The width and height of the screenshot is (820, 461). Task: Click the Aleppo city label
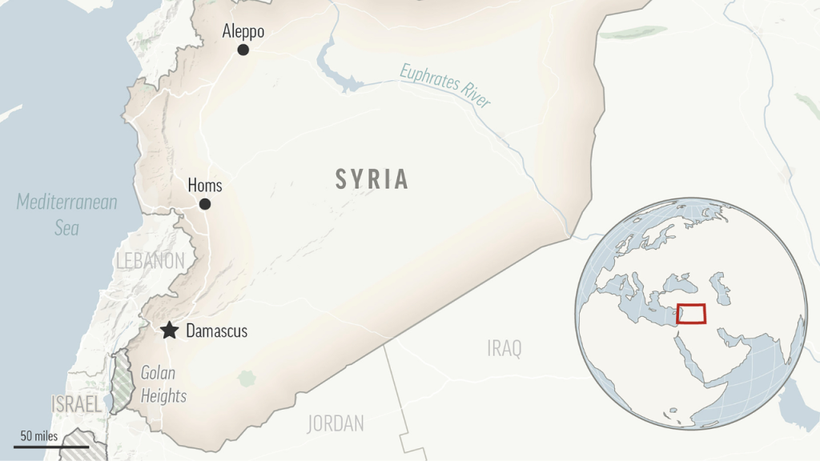[x=243, y=31]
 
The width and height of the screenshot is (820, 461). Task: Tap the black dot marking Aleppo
[x=243, y=50]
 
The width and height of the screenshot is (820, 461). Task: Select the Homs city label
[x=204, y=186]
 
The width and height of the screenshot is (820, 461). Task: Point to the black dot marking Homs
[x=205, y=204]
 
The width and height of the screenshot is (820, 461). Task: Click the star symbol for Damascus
[x=169, y=331]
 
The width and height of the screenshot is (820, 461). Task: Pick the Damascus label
[x=216, y=331]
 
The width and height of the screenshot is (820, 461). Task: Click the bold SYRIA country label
[x=372, y=179]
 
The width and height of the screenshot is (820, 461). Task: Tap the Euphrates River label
[x=445, y=86]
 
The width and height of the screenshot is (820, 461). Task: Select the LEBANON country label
[x=151, y=261]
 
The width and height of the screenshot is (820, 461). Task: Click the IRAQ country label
[x=504, y=348]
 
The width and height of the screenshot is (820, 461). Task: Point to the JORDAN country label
[x=336, y=423]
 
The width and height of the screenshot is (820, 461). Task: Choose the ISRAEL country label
[x=77, y=404]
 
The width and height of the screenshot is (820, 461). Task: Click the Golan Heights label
[x=163, y=384]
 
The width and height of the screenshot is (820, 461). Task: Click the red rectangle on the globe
[x=691, y=314]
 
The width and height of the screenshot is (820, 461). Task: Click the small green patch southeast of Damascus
[x=246, y=377]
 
